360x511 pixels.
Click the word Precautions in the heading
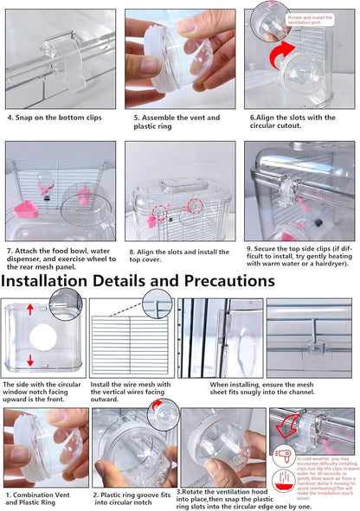(x=222, y=280)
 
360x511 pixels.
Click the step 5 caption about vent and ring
(x=177, y=122)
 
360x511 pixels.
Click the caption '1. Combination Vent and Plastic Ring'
(x=44, y=499)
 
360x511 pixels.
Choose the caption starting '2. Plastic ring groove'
(x=133, y=499)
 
